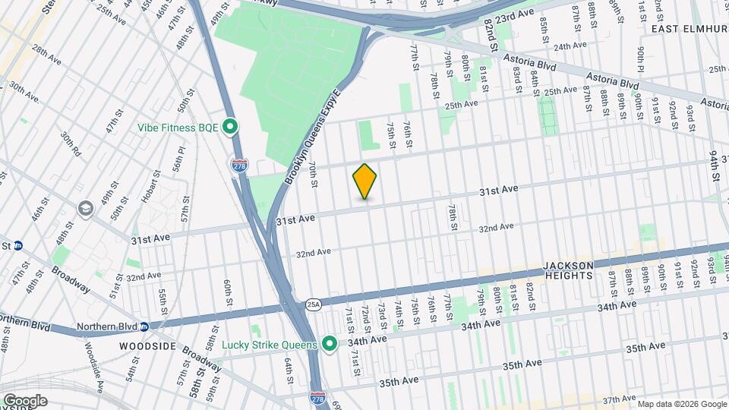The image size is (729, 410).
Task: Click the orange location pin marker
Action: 365,181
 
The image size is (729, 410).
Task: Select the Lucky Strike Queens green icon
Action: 330,345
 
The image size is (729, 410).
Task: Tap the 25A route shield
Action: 314,304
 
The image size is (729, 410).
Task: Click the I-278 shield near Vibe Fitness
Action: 240,165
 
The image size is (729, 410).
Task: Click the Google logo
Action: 25,400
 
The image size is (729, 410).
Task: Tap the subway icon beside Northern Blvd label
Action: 144,326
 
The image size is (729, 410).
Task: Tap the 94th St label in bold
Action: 716,165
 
